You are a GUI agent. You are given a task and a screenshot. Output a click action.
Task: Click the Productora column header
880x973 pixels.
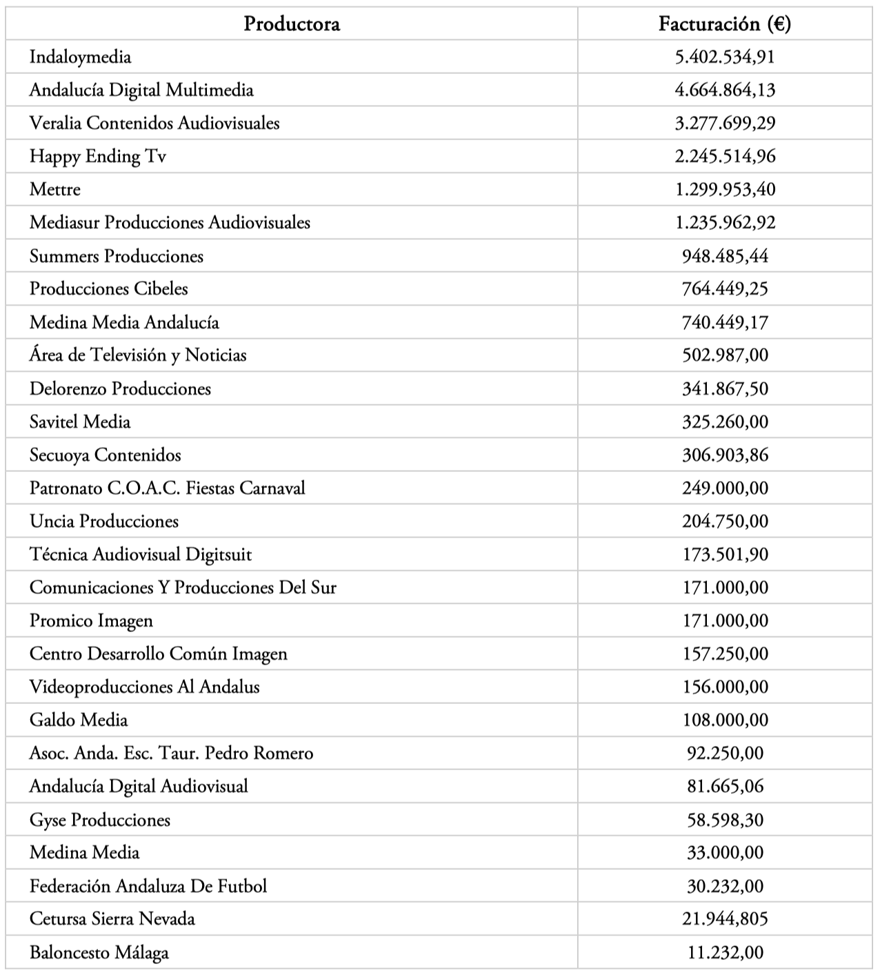click(292, 24)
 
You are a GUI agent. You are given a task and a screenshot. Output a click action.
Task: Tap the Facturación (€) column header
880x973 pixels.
click(725, 24)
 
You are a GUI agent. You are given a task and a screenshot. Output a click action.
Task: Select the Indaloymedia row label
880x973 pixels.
click(80, 57)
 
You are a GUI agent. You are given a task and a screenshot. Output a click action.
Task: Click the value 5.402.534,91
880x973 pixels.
click(725, 57)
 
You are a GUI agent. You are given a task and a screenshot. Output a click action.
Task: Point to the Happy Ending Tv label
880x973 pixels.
click(97, 157)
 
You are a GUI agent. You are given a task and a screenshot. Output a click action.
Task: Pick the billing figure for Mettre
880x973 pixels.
click(725, 190)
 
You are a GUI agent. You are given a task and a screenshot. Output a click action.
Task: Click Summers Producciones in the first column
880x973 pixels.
click(116, 256)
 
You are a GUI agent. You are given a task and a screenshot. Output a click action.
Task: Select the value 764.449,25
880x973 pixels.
click(725, 288)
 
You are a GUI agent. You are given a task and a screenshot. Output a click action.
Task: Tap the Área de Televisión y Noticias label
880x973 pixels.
click(137, 355)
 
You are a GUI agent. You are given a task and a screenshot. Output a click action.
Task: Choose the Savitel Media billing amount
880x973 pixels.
click(725, 422)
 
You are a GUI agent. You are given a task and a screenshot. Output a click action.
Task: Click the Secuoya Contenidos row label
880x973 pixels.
click(105, 455)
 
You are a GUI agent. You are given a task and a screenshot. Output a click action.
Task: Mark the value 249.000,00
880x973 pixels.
click(725, 488)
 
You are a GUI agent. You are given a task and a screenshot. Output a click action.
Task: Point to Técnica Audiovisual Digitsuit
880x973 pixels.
click(140, 554)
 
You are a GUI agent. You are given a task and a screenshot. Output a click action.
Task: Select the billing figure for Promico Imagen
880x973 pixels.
click(725, 620)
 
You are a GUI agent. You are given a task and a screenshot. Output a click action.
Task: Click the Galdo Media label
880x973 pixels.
click(78, 720)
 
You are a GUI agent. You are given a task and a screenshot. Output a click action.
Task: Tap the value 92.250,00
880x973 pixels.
click(725, 753)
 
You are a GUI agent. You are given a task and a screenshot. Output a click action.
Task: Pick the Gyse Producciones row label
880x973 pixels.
click(99, 820)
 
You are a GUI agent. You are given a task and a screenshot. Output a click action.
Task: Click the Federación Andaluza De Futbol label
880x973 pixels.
click(148, 886)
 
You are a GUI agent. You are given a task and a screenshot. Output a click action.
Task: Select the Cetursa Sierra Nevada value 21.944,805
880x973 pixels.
click(725, 918)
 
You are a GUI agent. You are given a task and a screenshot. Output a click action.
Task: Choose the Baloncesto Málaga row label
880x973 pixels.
click(99, 953)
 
